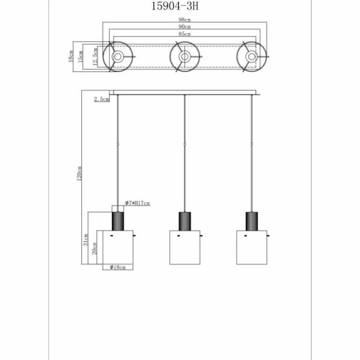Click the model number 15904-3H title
(179, 7)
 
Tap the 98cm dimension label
(184, 20)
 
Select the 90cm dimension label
(184, 27)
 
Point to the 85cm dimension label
(184, 34)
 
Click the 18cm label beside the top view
(71, 57)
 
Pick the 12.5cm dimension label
(96, 57)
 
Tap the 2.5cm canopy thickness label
(101, 99)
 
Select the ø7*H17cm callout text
(137, 203)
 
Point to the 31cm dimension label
(86, 240)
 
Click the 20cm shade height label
(94, 248)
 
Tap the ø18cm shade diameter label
(118, 267)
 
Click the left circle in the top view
(118, 57)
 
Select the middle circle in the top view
(185, 57)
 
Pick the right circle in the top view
(252, 57)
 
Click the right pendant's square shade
(252, 247)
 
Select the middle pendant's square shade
(185, 247)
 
